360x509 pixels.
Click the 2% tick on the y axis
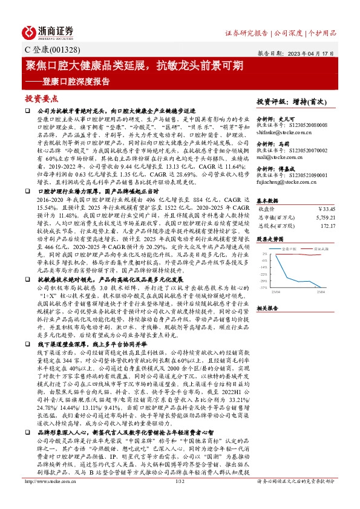pyautogui.click(x=264, y=254)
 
